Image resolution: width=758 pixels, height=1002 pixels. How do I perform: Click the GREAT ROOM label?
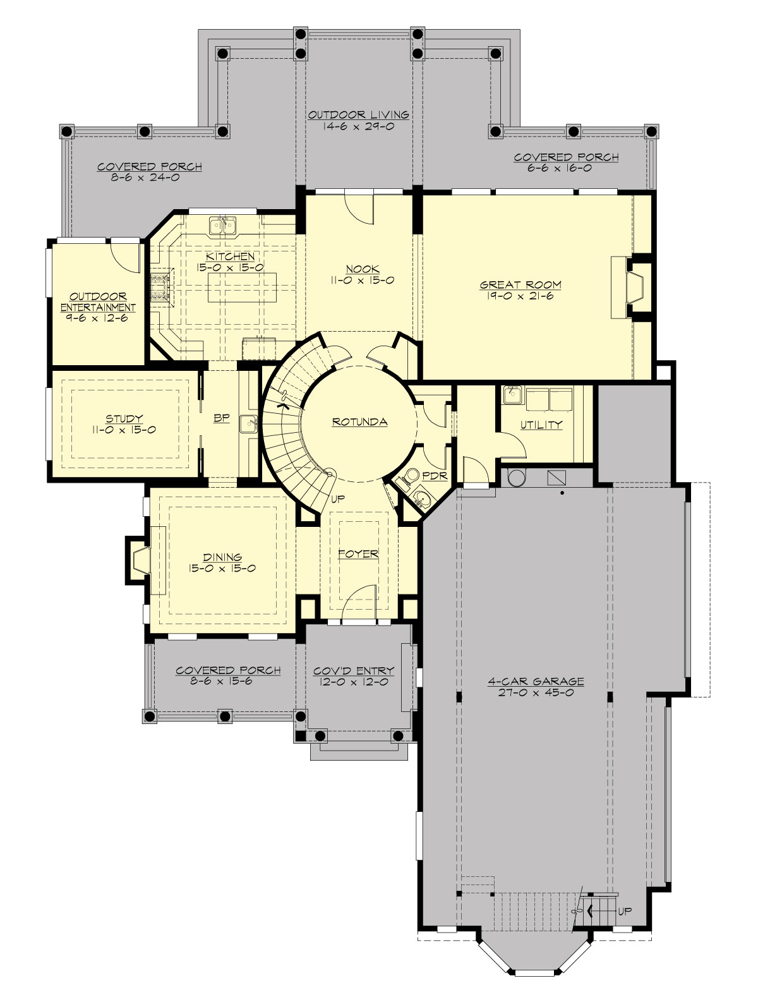520,285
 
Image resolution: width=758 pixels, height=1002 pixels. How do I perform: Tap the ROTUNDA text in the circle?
359,422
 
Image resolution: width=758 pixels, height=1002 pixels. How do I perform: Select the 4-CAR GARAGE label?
536,682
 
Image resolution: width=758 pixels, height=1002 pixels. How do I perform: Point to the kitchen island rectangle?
242,288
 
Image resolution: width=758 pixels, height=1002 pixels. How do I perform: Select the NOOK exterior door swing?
361,208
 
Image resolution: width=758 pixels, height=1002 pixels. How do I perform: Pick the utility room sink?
512,395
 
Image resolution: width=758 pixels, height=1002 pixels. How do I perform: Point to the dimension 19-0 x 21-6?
520,296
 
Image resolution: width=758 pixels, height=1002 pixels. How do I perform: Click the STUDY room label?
124,418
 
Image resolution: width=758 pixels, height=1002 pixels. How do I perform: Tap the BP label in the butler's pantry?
221,418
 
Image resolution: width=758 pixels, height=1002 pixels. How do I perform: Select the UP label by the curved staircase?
338,498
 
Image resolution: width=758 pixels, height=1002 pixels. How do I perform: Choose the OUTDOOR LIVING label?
358,115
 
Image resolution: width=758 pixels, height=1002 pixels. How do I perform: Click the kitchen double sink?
223,224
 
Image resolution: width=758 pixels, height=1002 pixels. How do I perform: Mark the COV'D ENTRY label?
353,670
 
